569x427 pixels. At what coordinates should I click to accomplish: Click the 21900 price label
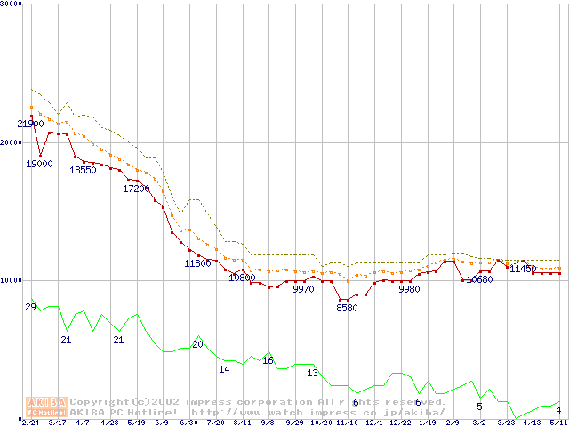30,125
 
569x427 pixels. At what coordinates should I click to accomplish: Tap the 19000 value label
38,164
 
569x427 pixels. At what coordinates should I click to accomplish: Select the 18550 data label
83,170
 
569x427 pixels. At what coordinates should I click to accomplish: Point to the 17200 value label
136,189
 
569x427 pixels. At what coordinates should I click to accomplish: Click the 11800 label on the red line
197,263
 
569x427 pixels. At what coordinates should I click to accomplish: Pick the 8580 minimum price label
347,308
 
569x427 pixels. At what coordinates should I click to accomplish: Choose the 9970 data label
304,289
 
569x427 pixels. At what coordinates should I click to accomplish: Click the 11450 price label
523,269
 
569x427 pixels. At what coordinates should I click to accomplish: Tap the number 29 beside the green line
30,308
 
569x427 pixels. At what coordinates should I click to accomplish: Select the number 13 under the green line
312,374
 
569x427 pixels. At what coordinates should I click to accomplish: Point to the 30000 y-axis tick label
12,4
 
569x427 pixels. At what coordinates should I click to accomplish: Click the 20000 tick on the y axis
12,142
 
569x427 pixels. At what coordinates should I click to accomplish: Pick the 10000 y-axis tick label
12,280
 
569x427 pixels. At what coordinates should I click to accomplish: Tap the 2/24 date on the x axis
30,423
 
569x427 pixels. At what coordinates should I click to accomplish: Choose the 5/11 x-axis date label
558,423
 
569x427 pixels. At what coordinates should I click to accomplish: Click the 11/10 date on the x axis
347,423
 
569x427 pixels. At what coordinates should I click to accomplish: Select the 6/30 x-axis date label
188,423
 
